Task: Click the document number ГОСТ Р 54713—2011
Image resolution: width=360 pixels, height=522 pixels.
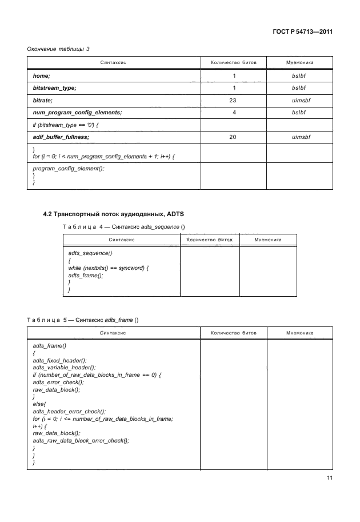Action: tap(303, 33)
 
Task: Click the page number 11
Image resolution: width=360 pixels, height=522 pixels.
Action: tap(328, 479)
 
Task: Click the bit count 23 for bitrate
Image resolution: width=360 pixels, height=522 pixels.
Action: tap(234, 100)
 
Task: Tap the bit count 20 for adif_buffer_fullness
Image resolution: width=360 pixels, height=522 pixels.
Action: tap(234, 137)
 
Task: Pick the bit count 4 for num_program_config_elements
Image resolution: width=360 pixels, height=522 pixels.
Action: tap(234, 113)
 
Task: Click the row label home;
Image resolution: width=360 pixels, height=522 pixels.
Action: tap(41, 75)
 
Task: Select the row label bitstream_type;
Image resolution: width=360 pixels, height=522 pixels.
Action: tap(55, 88)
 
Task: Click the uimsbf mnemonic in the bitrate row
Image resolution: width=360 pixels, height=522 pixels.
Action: tap(300, 100)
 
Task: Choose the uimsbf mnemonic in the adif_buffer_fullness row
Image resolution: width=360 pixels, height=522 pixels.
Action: tap(300, 137)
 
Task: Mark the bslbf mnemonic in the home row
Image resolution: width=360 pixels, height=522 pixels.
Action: tap(300, 75)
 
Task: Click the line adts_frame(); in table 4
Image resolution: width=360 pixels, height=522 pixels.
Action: tap(85, 276)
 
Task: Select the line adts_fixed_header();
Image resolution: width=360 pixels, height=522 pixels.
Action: tap(60, 360)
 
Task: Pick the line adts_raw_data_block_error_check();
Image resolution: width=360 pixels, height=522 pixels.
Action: tap(81, 441)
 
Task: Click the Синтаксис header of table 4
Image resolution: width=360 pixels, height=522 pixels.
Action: tap(121, 240)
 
